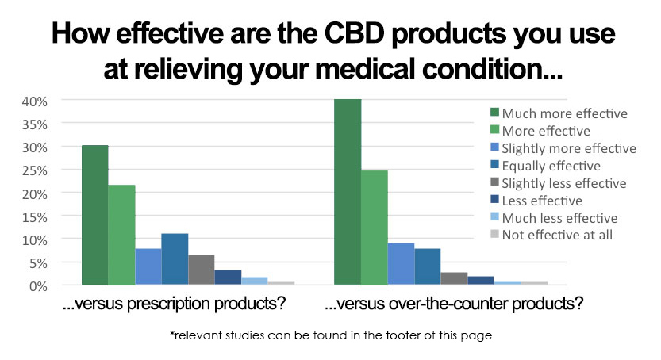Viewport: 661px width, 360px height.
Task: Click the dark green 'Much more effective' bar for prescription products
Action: [x=94, y=215]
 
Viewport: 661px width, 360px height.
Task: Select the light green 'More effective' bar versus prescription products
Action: [x=121, y=235]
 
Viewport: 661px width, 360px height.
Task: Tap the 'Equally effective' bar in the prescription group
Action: [x=175, y=259]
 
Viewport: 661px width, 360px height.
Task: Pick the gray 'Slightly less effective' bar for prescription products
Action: [x=202, y=270]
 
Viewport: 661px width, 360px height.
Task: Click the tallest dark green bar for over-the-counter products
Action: [x=348, y=192]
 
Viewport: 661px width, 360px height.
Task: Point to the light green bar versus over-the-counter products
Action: [x=375, y=228]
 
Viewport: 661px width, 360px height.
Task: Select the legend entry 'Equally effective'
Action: [x=549, y=166]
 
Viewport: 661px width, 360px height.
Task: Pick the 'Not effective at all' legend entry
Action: [x=557, y=235]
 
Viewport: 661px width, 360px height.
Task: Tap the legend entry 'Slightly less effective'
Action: [x=563, y=183]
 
